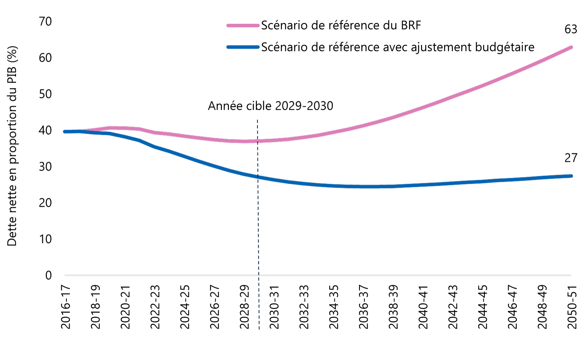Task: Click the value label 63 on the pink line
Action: pyautogui.click(x=570, y=29)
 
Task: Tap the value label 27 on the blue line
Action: pyautogui.click(x=570, y=158)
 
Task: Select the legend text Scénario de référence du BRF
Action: pyautogui.click(x=341, y=25)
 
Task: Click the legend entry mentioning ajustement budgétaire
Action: pyautogui.click(x=398, y=47)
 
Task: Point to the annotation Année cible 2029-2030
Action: pyautogui.click(x=270, y=106)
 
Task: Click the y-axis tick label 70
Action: pyautogui.click(x=45, y=21)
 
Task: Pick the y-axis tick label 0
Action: pyautogui.click(x=48, y=276)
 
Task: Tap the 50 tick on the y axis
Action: pyautogui.click(x=45, y=94)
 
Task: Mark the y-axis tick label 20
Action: pyautogui.click(x=45, y=203)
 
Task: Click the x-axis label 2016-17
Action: pyautogui.click(x=65, y=307)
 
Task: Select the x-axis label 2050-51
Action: pyautogui.click(x=572, y=307)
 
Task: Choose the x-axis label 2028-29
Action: pyautogui.click(x=244, y=307)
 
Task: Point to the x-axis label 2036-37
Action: pyautogui.click(x=363, y=307)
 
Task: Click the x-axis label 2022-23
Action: pyautogui.click(x=155, y=307)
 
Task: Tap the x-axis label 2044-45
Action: pyautogui.click(x=482, y=307)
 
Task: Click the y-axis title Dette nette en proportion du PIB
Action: pyautogui.click(x=12, y=146)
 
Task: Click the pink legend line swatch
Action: pyautogui.click(x=243, y=25)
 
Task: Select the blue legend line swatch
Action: pyautogui.click(x=243, y=47)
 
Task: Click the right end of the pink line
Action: pyautogui.click(x=571, y=47)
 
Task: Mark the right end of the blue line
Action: pyautogui.click(x=571, y=176)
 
